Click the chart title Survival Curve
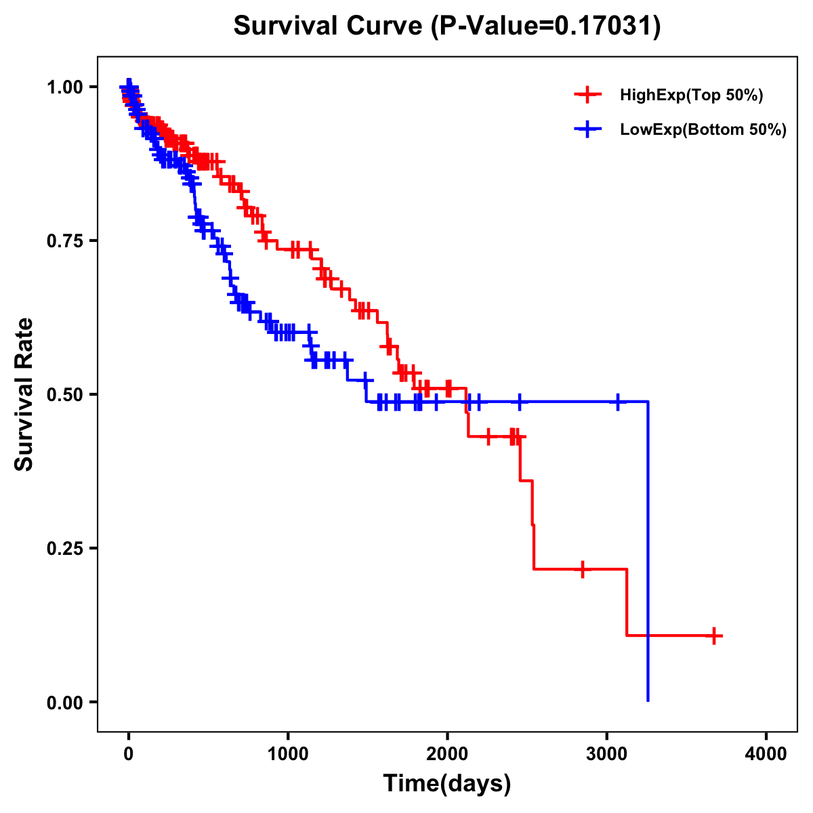(329, 26)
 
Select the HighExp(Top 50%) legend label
(692, 96)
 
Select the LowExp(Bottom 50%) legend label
(703, 130)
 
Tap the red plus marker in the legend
(587, 95)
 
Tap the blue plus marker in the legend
(587, 129)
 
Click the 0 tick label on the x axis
(129, 754)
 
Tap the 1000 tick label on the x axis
(288, 754)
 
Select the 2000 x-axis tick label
(447, 754)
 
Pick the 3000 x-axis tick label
(607, 754)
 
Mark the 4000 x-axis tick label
(766, 754)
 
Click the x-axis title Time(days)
(447, 784)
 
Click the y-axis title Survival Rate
(25, 394)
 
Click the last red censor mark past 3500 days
(714, 635)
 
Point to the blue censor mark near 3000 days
(618, 402)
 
